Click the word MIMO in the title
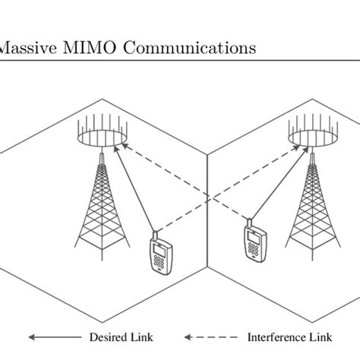[86, 48]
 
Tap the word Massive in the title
[27, 48]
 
